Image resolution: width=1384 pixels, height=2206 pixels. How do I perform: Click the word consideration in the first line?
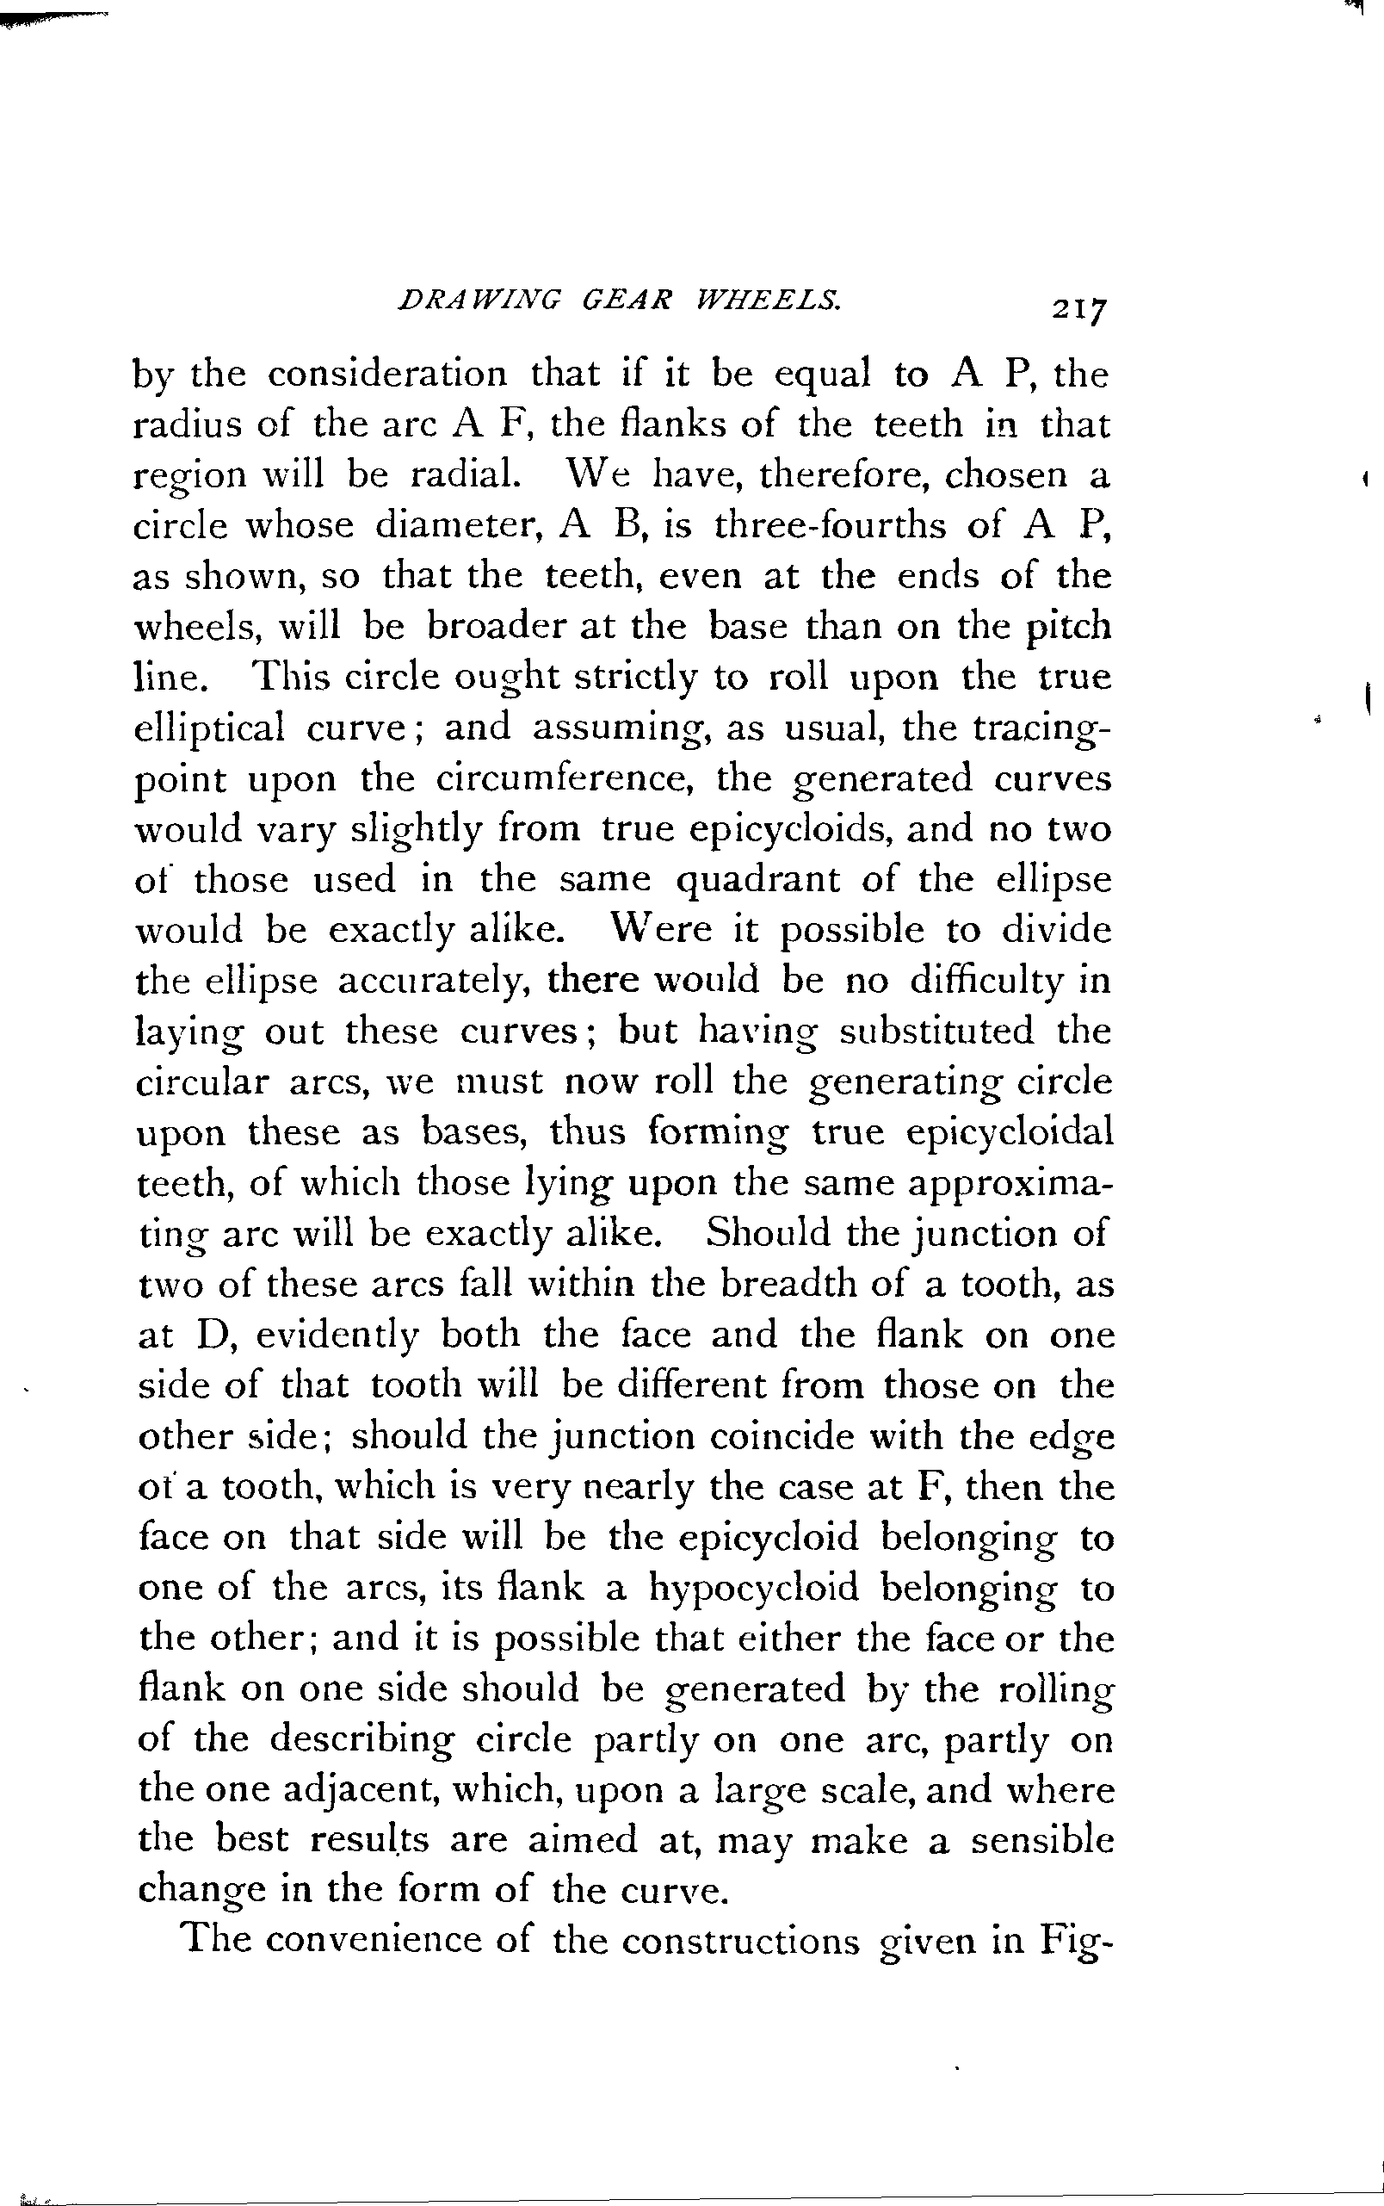coord(386,374)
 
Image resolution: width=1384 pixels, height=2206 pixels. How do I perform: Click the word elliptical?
coord(210,728)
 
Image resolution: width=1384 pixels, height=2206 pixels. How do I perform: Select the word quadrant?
coord(757,879)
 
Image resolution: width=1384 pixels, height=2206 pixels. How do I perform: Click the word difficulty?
coord(985,980)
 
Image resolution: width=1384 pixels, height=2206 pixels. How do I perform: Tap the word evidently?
coord(337,1335)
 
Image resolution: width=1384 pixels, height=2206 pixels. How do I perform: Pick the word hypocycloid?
coord(753,1587)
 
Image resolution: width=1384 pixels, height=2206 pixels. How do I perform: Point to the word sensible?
coord(1041,1840)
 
